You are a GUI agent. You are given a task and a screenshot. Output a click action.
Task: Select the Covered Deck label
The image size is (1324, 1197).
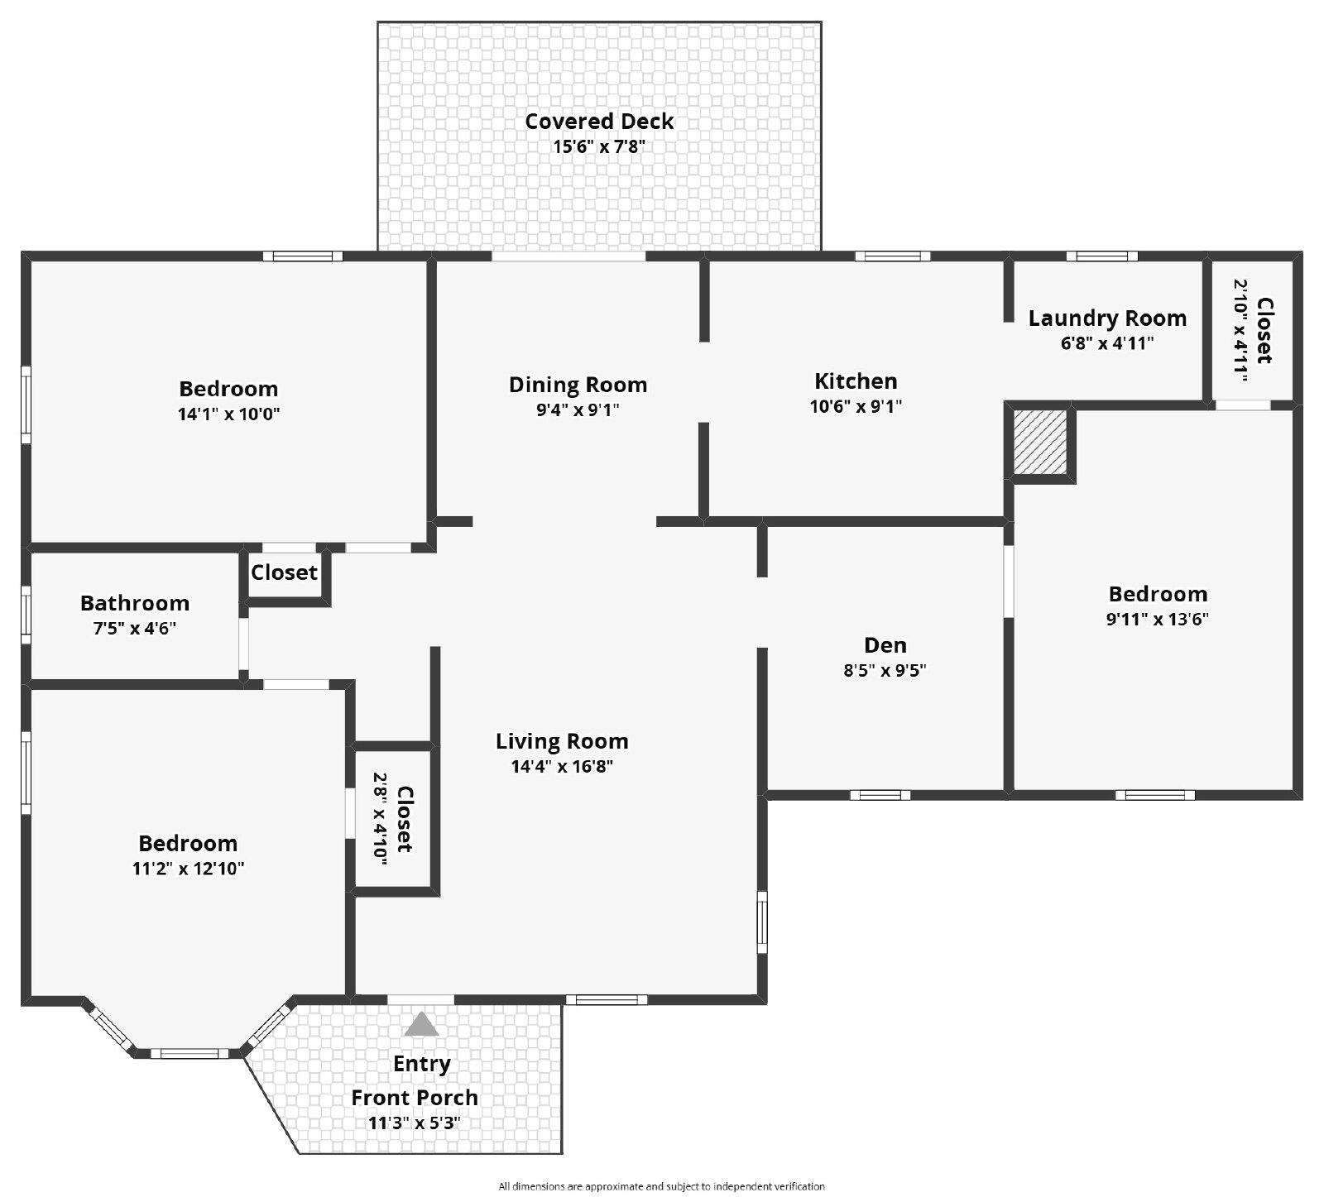click(599, 121)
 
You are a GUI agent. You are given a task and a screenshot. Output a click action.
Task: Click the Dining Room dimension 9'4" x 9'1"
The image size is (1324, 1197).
click(578, 409)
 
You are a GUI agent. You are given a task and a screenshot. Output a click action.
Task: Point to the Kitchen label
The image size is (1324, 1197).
click(856, 381)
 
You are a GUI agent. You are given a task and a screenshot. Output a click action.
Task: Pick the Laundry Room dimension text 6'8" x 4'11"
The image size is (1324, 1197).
click(1107, 342)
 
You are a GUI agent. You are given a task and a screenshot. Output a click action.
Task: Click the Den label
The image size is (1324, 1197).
click(885, 644)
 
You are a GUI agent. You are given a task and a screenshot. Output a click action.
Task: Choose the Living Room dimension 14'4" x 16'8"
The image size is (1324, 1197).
click(562, 766)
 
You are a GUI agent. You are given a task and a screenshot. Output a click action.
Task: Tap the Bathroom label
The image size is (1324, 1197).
click(135, 603)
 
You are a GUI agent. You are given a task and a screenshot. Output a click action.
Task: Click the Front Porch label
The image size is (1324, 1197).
click(415, 1097)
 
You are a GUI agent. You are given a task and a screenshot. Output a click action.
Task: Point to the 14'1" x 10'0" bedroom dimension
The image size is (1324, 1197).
click(228, 414)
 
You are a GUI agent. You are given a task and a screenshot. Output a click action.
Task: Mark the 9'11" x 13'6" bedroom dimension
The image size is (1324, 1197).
click(1158, 619)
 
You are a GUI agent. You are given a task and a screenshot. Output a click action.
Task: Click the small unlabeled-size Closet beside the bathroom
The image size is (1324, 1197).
click(284, 572)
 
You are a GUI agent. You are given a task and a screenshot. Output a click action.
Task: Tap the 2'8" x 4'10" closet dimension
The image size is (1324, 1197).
click(380, 819)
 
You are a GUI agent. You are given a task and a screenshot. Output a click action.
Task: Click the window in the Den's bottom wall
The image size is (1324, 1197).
click(880, 795)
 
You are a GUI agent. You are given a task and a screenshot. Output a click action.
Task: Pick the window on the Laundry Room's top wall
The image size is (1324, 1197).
click(1101, 256)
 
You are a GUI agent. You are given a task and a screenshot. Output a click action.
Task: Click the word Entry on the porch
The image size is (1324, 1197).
click(422, 1064)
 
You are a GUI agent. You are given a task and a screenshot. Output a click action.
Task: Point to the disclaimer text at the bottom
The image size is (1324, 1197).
click(662, 1186)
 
